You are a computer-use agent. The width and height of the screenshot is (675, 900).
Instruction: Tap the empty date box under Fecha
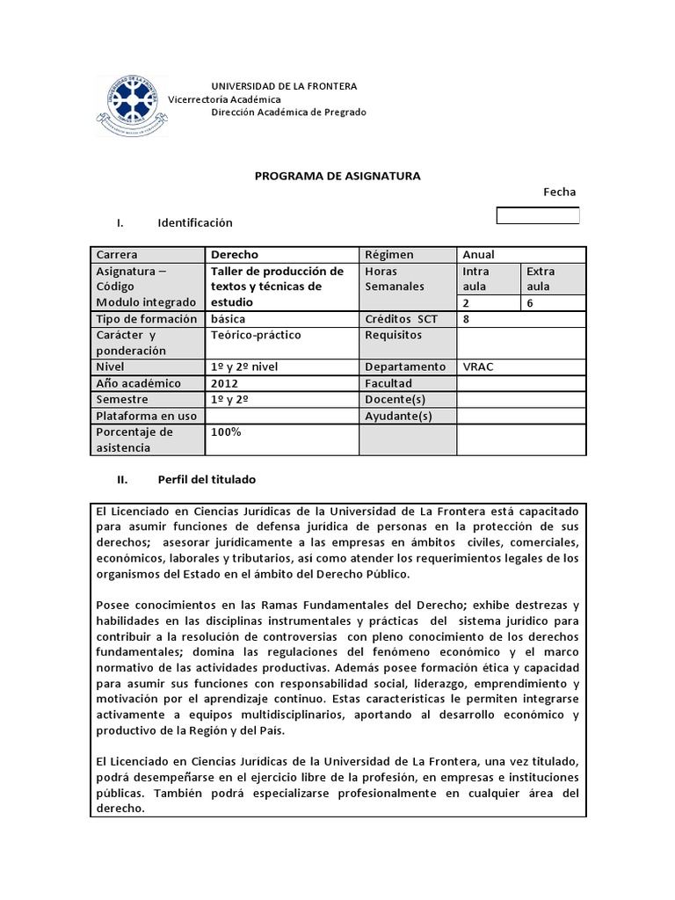(x=538, y=215)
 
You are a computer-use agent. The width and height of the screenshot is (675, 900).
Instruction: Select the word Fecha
(x=560, y=192)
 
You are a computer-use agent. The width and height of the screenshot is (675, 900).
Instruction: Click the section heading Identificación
(x=195, y=223)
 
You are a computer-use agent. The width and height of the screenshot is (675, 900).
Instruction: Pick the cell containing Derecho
(x=236, y=254)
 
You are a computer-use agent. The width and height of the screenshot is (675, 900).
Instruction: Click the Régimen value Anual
(x=479, y=254)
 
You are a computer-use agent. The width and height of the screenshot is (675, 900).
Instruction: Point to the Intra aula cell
(x=488, y=279)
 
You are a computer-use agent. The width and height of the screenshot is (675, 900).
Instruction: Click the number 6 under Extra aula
(x=530, y=303)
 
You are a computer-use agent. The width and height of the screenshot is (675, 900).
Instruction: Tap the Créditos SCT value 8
(x=467, y=319)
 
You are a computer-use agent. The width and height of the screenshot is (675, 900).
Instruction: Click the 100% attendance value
(x=226, y=432)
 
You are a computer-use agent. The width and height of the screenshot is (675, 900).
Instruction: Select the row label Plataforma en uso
(x=146, y=416)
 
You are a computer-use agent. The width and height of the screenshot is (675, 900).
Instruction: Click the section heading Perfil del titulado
(x=207, y=480)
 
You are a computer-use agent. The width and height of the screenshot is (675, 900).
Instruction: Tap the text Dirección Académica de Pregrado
(x=289, y=112)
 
